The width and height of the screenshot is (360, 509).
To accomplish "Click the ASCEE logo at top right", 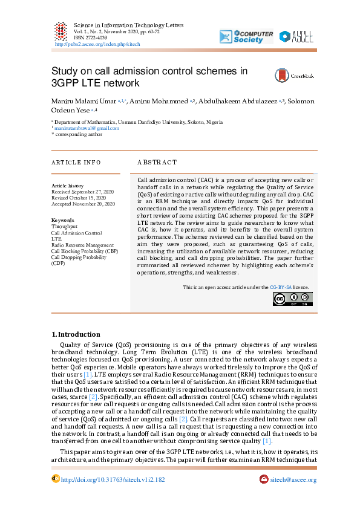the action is tap(296, 36).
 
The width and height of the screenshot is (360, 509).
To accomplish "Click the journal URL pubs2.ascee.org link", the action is tap(97, 44).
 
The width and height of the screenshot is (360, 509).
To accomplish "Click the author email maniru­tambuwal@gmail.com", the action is tap(87, 128).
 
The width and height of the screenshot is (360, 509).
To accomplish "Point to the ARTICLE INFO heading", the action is tap(76, 163).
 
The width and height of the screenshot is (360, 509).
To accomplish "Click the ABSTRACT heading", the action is tap(157, 163).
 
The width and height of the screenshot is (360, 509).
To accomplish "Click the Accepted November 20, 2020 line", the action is tap(83, 204).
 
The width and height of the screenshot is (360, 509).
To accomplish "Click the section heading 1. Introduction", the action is tap(76, 334).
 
